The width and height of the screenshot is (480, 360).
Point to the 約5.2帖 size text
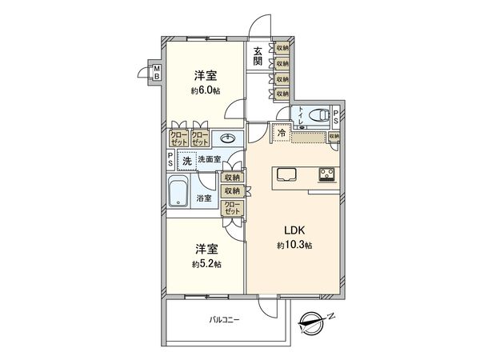pos(206,263)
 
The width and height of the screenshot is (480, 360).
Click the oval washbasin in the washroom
pos(226,137)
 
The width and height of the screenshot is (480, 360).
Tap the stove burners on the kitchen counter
pos(328,174)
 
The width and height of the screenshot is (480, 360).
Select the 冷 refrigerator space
pos(282,134)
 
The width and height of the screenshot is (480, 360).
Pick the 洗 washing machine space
pos(186,160)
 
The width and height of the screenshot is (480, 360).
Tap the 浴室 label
pos(205,198)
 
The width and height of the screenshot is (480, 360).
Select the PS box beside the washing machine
pos(170,159)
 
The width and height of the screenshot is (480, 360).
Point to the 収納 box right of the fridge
pos(334,137)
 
